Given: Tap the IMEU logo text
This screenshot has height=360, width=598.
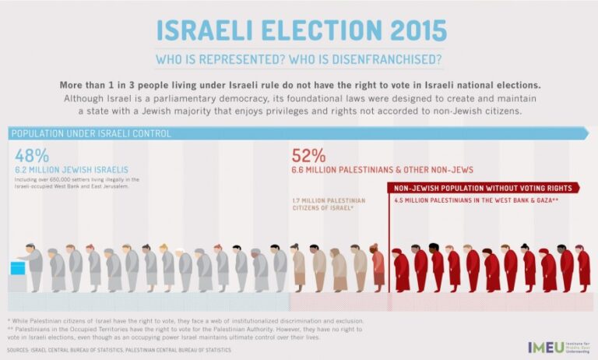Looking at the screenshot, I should (543, 347).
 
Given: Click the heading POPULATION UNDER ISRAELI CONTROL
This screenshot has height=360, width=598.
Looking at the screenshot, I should (92, 134).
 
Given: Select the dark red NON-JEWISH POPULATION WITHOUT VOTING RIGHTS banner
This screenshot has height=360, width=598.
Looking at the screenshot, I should (483, 188).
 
